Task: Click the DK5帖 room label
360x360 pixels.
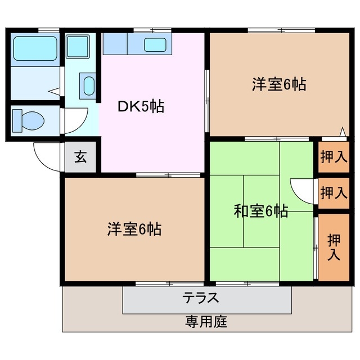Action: click(141, 106)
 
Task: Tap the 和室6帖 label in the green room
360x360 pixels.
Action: click(261, 211)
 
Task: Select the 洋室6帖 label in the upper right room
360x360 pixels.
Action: click(278, 85)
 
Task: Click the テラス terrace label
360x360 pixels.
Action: click(200, 298)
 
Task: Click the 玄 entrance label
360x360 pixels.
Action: click(80, 157)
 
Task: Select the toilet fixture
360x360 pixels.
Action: click(29, 120)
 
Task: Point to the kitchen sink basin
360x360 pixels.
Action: click(154, 44)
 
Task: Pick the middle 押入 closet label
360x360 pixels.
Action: click(334, 193)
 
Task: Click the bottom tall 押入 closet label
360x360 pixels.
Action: click(334, 247)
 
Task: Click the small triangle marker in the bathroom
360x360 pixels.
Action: click(53, 89)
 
